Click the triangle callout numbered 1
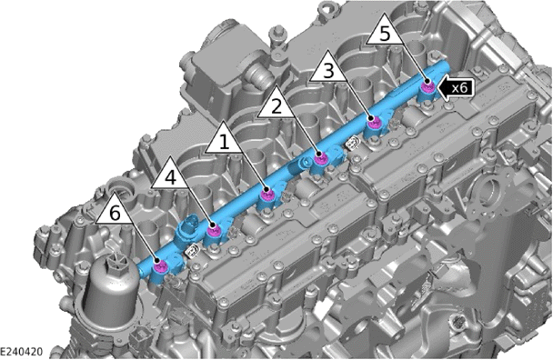pos(224,140)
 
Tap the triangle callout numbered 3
pos(328,68)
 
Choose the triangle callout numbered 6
pos(115,211)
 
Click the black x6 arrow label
pos(455,86)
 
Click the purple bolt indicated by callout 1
pos(267,194)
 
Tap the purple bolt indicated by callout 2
pos(320,158)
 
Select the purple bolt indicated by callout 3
pos(374,123)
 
